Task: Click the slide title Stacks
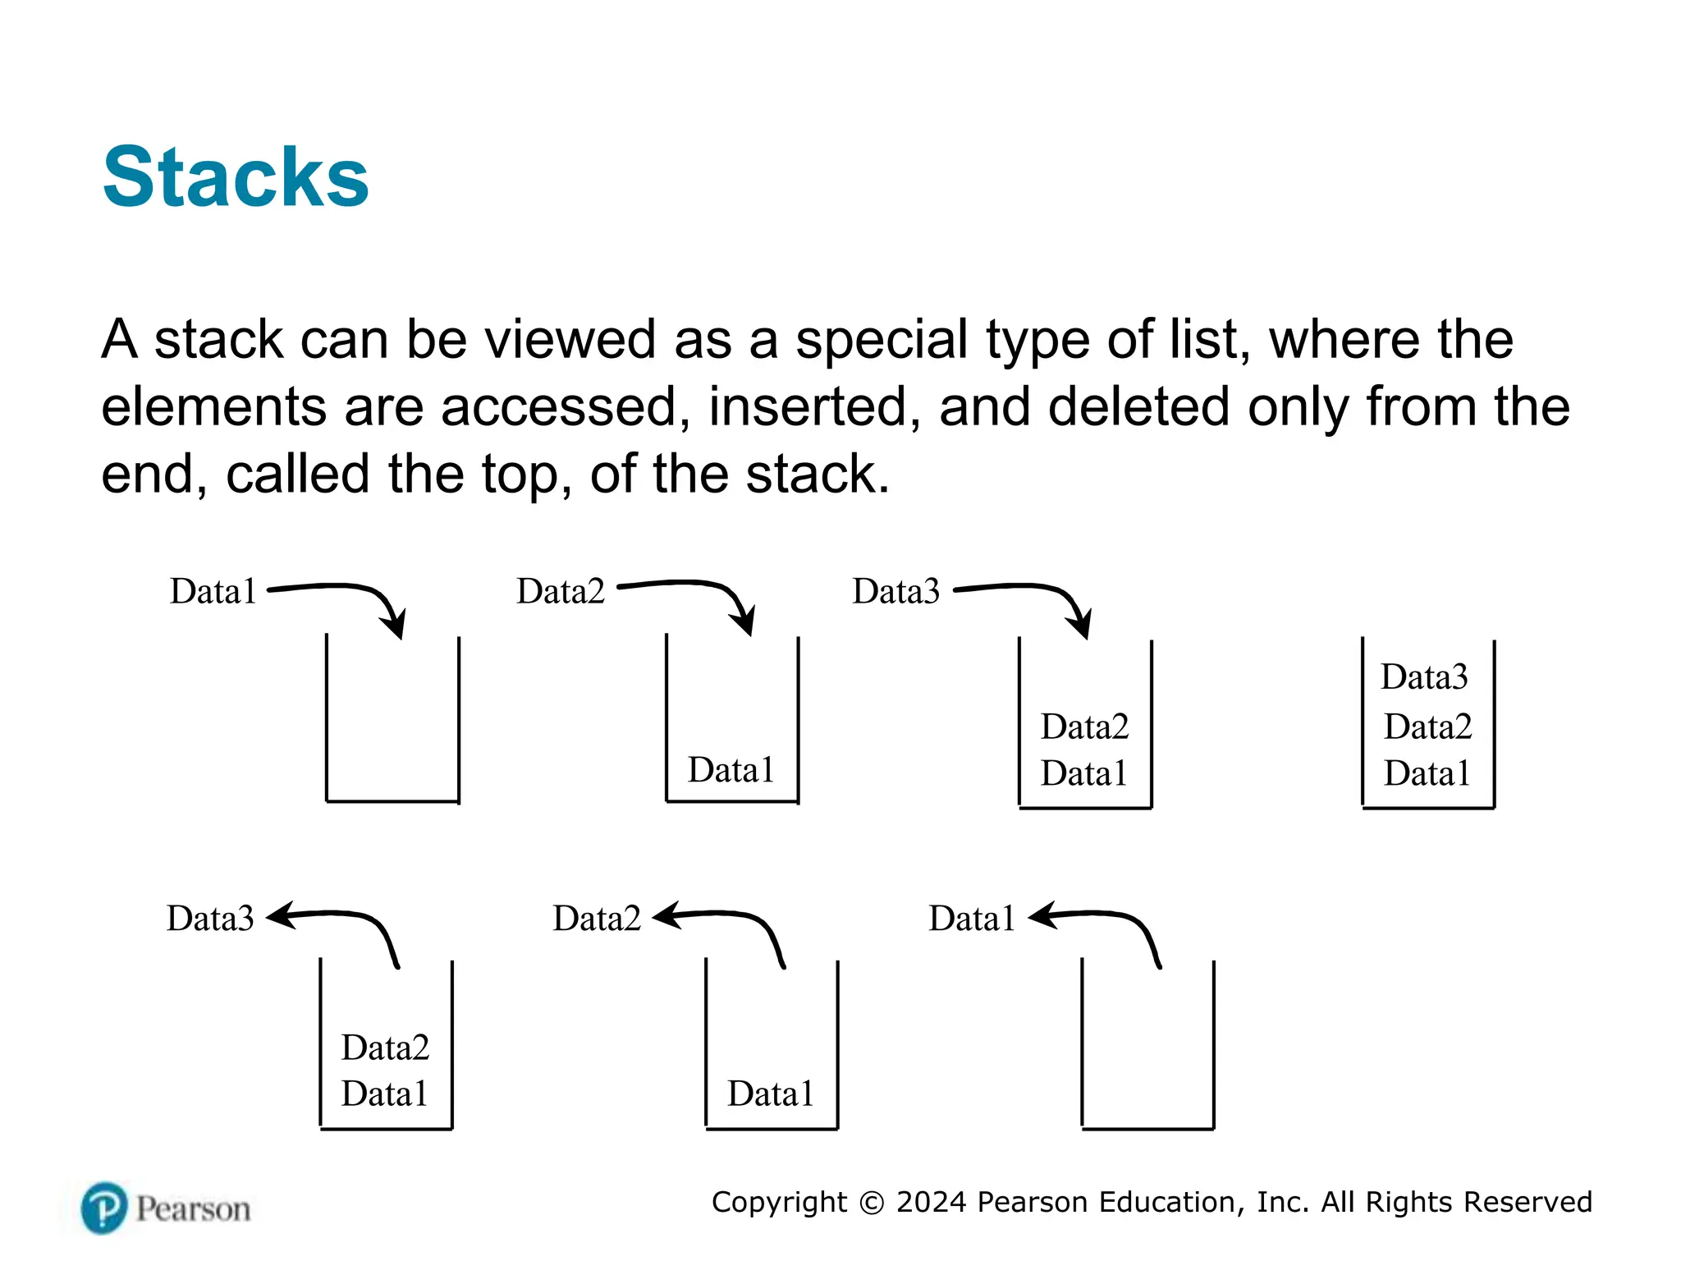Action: tap(236, 177)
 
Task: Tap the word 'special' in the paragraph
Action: tap(882, 339)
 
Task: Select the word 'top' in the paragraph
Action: tap(520, 474)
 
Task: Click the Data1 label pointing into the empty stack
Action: tap(213, 591)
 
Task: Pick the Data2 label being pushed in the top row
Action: tap(561, 591)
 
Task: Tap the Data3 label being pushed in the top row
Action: tap(895, 591)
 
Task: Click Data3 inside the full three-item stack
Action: tap(1424, 677)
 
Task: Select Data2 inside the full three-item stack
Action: tap(1427, 727)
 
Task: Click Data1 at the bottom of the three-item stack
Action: tap(1427, 773)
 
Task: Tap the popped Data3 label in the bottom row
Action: tap(210, 918)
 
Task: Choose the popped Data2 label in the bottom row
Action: tap(597, 918)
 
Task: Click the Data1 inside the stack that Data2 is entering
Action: tap(731, 770)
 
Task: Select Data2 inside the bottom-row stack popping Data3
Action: tap(385, 1048)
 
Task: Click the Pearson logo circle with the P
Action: tap(104, 1208)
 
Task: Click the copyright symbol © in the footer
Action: tap(872, 1203)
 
